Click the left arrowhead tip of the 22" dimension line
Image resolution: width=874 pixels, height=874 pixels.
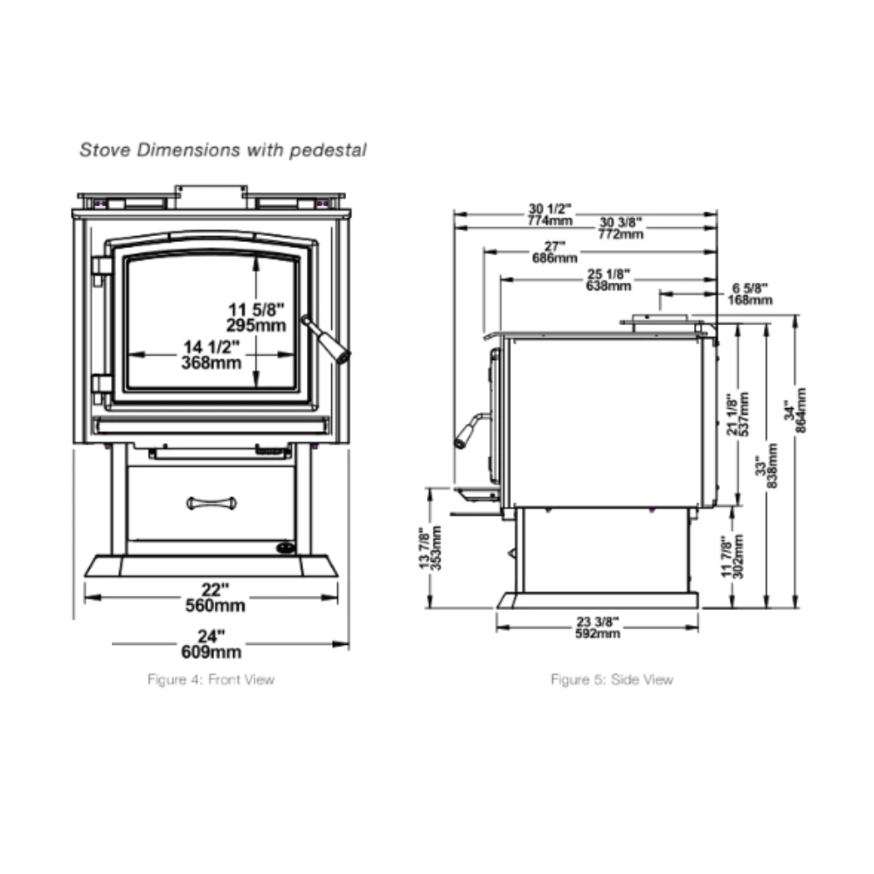click(x=85, y=598)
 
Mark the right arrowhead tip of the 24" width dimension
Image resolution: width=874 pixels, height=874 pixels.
click(x=349, y=644)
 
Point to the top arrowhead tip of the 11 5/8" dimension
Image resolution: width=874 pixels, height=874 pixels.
click(x=256, y=255)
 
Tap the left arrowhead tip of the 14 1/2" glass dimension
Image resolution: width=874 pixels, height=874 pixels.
click(x=128, y=355)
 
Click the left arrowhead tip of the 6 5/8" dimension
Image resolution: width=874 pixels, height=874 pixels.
click(x=660, y=294)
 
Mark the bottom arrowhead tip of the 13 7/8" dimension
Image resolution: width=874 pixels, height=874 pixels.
click(x=430, y=608)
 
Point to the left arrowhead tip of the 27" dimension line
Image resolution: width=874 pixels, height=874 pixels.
click(x=484, y=252)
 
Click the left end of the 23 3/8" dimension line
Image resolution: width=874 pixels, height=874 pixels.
click(x=496, y=628)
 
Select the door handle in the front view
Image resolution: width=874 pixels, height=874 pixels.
click(x=326, y=339)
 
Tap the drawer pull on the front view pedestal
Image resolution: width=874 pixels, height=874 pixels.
click(x=212, y=503)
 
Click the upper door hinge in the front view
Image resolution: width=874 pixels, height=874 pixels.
click(x=101, y=267)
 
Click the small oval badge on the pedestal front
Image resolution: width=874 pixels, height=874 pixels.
click(x=286, y=548)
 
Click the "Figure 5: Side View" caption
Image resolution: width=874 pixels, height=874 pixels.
click(x=612, y=679)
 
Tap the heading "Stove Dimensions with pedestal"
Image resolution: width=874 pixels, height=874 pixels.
click(x=223, y=150)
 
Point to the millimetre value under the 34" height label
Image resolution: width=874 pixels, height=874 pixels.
click(x=801, y=410)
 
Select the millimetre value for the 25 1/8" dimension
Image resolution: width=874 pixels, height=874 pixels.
click(x=608, y=286)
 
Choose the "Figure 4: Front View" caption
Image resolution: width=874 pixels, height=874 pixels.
click(x=212, y=679)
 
